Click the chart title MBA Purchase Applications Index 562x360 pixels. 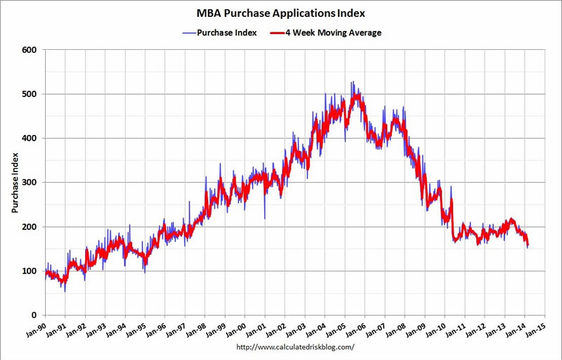pyautogui.click(x=281, y=13)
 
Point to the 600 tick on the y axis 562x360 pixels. pyautogui.click(x=29, y=50)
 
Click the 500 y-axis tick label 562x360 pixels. pyautogui.click(x=29, y=94)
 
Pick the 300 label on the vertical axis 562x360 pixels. pyautogui.click(x=29, y=183)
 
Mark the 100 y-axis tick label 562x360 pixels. pyautogui.click(x=29, y=271)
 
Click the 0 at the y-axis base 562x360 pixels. pyautogui.click(x=34, y=316)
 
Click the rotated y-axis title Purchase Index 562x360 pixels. pyautogui.click(x=15, y=183)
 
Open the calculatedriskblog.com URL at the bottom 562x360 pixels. pyautogui.click(x=295, y=347)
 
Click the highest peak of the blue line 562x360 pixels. pyautogui.click(x=352, y=82)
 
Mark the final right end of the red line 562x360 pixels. pyautogui.click(x=528, y=245)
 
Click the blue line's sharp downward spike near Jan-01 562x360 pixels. pyautogui.click(x=265, y=218)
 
